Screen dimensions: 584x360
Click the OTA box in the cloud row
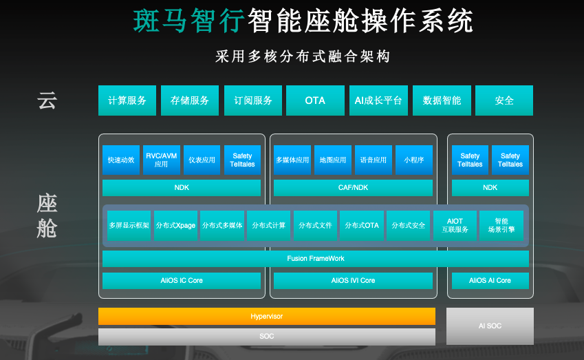tap(315, 100)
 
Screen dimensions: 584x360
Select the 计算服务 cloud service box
tap(127, 100)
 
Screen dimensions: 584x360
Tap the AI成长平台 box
tap(378, 100)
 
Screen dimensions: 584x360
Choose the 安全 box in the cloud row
tap(504, 100)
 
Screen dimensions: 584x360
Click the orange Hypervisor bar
tap(267, 316)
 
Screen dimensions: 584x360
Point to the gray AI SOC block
tap(490, 326)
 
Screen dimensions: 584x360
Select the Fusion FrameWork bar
tap(316, 258)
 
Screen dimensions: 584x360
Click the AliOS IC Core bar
tap(182, 281)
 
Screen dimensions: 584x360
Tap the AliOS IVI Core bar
tap(353, 281)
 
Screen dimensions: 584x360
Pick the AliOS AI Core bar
tap(490, 281)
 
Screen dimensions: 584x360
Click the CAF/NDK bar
tap(353, 188)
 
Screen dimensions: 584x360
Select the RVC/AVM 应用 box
tap(161, 160)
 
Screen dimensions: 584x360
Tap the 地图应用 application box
tap(333, 160)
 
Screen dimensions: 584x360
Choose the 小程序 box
tap(414, 160)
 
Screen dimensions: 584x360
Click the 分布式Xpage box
tap(175, 226)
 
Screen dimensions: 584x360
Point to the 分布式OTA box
tap(362, 226)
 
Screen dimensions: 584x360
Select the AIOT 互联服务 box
tap(455, 226)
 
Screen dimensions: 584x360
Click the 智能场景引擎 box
tap(501, 226)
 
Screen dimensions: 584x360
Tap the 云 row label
tap(47, 100)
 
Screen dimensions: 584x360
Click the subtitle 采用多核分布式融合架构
tap(303, 56)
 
